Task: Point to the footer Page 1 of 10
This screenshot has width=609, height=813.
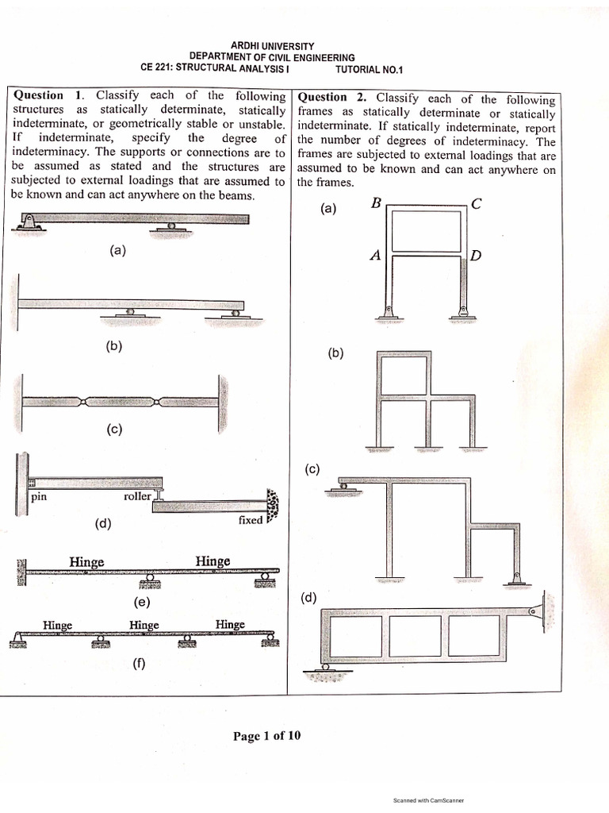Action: pyautogui.click(x=267, y=736)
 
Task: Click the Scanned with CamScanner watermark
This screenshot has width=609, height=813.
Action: pyautogui.click(x=428, y=800)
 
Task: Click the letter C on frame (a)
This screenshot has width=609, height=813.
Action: pyautogui.click(x=476, y=203)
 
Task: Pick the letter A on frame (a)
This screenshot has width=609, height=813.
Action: pyautogui.click(x=376, y=256)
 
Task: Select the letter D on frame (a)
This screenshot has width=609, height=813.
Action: pyautogui.click(x=476, y=256)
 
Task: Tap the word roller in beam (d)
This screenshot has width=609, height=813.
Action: pyautogui.click(x=137, y=497)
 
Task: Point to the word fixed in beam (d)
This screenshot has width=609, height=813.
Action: pyautogui.click(x=251, y=521)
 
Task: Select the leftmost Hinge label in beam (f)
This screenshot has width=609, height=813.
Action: pyautogui.click(x=58, y=625)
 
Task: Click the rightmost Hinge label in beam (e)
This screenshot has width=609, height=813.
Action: pyautogui.click(x=213, y=561)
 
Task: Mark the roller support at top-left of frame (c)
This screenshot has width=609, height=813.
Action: pyautogui.click(x=343, y=485)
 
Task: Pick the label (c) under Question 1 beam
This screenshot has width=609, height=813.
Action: pyautogui.click(x=115, y=430)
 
